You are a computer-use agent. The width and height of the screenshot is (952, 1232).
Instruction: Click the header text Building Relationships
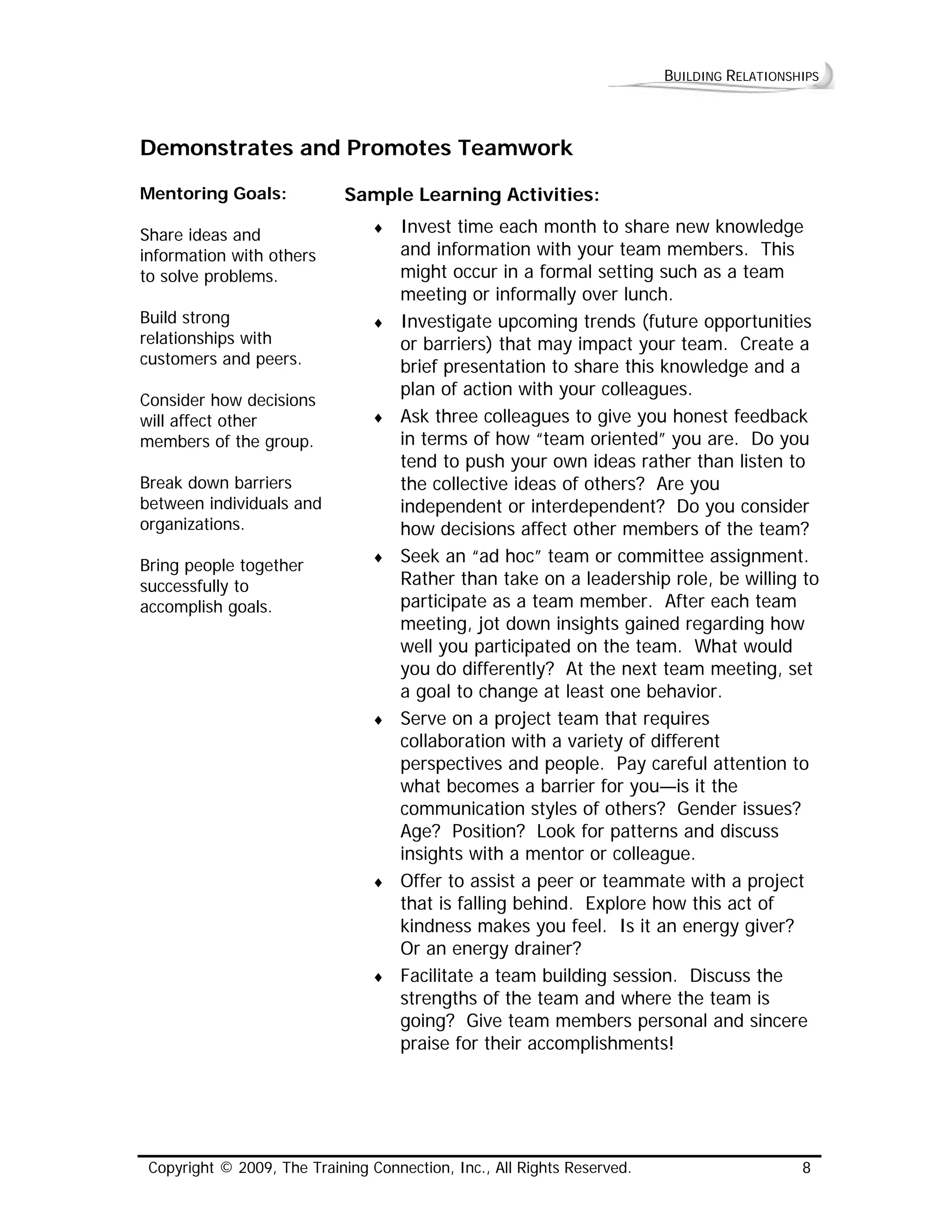[x=741, y=76]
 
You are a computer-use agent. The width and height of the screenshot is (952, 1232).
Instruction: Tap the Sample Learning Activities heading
[x=471, y=195]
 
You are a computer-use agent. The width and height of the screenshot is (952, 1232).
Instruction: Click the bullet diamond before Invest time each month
[x=378, y=228]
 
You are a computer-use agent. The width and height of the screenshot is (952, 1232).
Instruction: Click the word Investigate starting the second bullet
[x=446, y=322]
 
